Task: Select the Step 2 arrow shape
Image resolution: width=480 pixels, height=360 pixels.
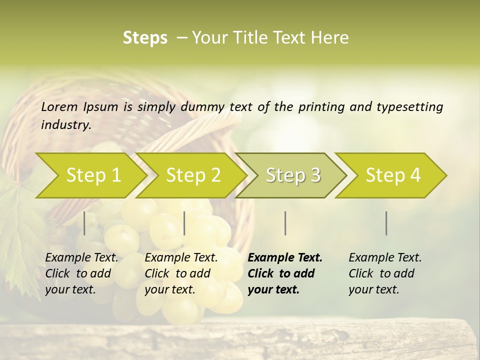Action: pos(193,175)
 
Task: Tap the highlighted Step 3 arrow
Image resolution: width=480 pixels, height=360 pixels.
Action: pos(293,175)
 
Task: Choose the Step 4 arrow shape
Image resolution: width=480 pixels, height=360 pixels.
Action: pos(393,175)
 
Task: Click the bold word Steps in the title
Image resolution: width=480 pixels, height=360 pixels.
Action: pos(145,38)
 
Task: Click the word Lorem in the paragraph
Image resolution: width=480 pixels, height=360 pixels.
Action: pos(59,106)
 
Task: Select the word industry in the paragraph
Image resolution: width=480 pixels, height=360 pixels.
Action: pos(65,124)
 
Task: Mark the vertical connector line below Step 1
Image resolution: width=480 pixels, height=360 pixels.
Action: pos(84,223)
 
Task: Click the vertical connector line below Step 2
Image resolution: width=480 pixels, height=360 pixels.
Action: pos(184,223)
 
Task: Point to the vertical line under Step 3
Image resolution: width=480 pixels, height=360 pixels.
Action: pos(285,223)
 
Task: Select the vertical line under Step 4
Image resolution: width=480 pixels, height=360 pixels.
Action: pos(386,223)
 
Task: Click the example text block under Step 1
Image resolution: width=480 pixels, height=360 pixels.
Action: pos(81,273)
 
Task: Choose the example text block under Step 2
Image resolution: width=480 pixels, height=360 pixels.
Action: pos(181,273)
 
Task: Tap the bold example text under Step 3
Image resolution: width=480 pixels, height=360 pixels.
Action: pos(285,273)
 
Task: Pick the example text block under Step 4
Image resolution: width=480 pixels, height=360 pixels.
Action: pos(385,273)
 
